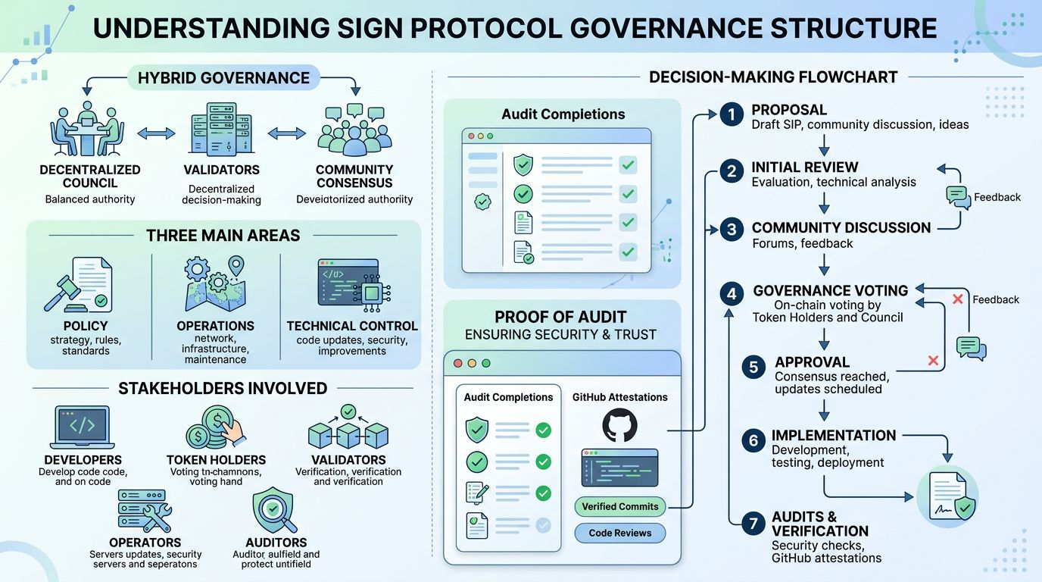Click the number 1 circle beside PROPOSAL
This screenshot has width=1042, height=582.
731,115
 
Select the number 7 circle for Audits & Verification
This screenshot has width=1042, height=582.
753,523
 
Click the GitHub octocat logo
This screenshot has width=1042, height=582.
619,426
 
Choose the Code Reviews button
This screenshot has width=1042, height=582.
619,533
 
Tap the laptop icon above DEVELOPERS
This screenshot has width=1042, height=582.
83,427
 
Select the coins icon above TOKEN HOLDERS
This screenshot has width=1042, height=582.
215,427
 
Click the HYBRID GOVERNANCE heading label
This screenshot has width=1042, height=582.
223,78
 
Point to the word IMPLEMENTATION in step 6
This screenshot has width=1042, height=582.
834,436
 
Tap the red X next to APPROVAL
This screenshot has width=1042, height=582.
933,361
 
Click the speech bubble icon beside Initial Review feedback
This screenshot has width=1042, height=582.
958,197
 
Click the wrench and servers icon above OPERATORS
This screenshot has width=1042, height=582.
144,511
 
